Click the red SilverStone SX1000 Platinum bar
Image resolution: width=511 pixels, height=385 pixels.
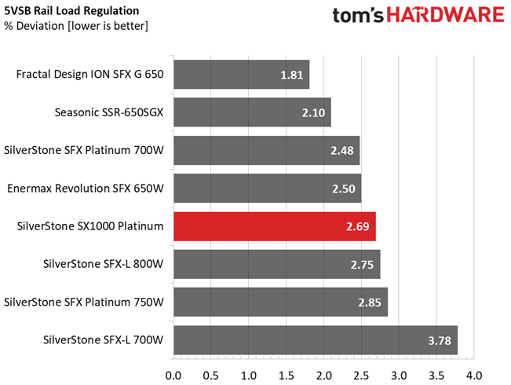pyautogui.click(x=275, y=226)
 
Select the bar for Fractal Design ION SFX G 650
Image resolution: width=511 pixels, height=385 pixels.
pyautogui.click(x=242, y=75)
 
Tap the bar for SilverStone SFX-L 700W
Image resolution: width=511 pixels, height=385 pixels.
pyautogui.click(x=316, y=340)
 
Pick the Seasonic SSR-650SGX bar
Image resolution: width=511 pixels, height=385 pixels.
pyautogui.click(x=252, y=112)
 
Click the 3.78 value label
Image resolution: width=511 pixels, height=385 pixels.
pyautogui.click(x=440, y=341)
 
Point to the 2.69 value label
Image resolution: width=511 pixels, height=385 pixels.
pyautogui.click(x=357, y=227)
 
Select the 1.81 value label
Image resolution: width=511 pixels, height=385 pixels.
pyautogui.click(x=292, y=75)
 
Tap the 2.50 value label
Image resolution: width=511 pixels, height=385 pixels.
pyautogui.click(x=344, y=189)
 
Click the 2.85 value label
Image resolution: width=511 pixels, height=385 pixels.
pyautogui.click(x=370, y=302)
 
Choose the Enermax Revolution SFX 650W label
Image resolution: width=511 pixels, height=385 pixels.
pyautogui.click(x=86, y=189)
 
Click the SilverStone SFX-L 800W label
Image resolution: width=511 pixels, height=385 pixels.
pyautogui.click(x=103, y=264)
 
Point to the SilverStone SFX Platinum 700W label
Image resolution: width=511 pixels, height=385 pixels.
pyautogui.click(x=84, y=150)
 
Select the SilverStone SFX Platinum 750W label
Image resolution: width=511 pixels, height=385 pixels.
pyautogui.click(x=84, y=302)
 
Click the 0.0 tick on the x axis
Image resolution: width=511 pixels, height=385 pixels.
pyautogui.click(x=173, y=376)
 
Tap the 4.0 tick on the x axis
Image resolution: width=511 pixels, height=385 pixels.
pyautogui.click(x=474, y=376)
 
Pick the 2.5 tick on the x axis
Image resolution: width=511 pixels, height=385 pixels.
pyautogui.click(x=361, y=376)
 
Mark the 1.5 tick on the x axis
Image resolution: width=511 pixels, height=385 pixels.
pyautogui.click(x=286, y=376)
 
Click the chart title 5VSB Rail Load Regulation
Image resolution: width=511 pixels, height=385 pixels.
pyautogui.click(x=71, y=11)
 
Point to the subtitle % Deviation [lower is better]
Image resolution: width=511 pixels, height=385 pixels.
pyautogui.click(x=76, y=26)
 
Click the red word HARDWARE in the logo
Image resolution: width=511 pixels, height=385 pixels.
pyautogui.click(x=446, y=16)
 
